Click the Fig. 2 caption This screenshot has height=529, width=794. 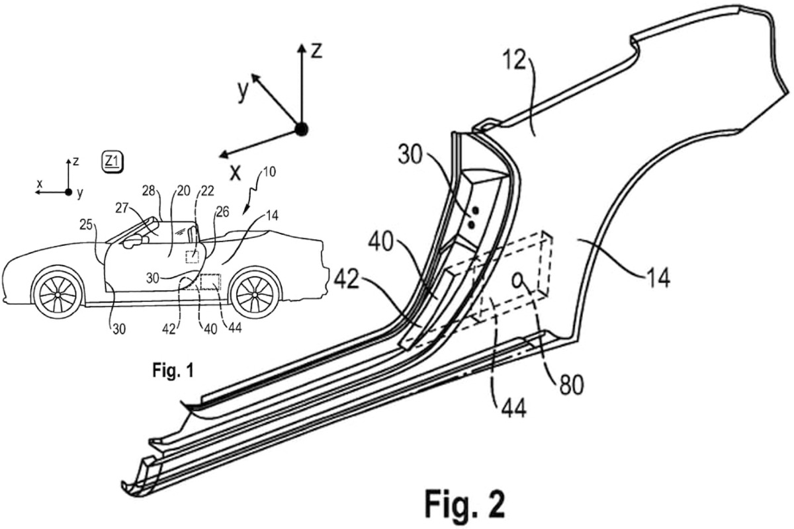pos(464,503)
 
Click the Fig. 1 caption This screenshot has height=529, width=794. pos(173,370)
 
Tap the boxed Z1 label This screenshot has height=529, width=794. pos(112,162)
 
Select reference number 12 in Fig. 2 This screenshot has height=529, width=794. pos(515,61)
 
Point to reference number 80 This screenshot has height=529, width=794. pos(572,385)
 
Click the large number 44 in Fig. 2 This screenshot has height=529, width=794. pos(513,408)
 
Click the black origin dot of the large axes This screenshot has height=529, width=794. pos(301,130)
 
